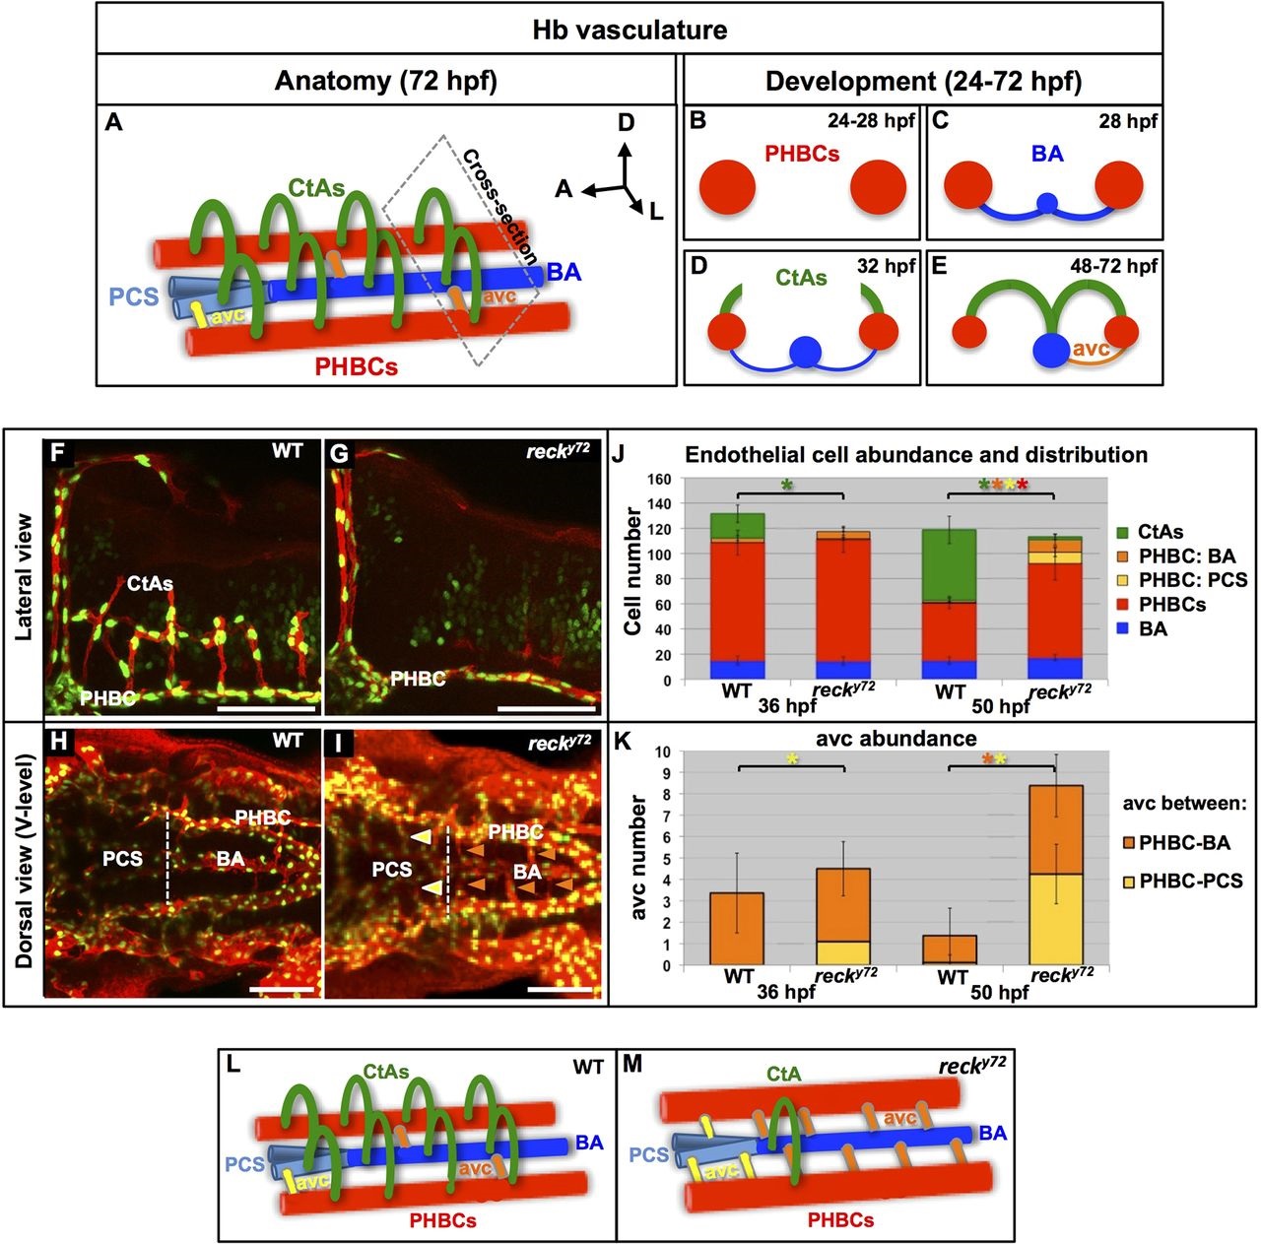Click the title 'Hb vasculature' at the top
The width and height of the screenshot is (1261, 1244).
point(630,30)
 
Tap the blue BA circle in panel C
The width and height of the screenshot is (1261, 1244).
point(1047,204)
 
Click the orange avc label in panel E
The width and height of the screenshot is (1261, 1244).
point(1091,348)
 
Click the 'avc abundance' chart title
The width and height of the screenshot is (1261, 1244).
point(896,738)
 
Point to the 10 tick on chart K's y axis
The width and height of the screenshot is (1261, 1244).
point(663,752)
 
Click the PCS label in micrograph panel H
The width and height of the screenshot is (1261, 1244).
point(123,858)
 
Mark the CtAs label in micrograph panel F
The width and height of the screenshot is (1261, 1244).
point(150,583)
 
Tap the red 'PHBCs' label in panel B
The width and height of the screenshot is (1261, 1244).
point(802,155)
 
